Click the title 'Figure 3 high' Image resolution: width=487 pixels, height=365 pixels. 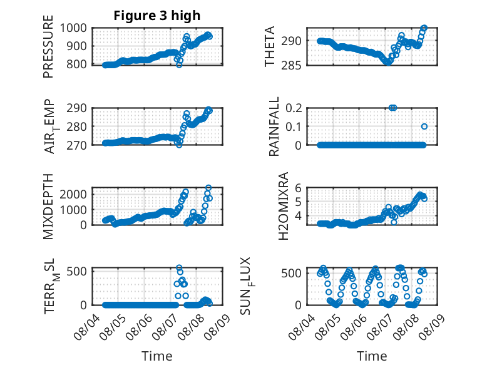tap(157, 16)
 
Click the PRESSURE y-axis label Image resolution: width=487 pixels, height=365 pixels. tap(48, 46)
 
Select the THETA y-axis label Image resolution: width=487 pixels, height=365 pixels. tap(270, 46)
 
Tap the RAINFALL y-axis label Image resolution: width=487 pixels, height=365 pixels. tap(274, 126)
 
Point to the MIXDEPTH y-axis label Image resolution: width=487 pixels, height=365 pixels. tap(48, 206)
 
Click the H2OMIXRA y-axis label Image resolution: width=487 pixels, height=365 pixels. tap(284, 206)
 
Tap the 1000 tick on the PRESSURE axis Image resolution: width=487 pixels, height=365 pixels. tap(73, 28)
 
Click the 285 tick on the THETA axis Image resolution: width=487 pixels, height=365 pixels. tap(291, 66)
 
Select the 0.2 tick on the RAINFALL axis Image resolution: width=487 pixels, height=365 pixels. tap(294, 108)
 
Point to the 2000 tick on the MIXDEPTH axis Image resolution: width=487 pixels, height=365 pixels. tap(73, 195)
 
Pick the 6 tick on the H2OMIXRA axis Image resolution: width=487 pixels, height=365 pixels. tap(298, 188)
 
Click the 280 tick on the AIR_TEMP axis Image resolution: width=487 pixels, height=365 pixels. tap(77, 126)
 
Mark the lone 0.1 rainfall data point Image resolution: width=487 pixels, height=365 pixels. tap(424, 126)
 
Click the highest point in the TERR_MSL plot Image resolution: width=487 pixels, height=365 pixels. tap(179, 268)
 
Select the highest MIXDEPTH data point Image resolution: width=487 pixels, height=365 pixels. tap(208, 188)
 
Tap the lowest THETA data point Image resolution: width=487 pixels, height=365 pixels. tap(388, 62)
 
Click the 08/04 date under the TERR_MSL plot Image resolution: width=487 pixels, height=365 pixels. tap(87, 327)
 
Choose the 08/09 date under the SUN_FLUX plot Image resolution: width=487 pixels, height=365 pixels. tap(432, 327)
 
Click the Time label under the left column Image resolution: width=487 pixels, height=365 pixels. tap(157, 356)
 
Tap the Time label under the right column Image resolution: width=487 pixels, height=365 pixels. tap(372, 356)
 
